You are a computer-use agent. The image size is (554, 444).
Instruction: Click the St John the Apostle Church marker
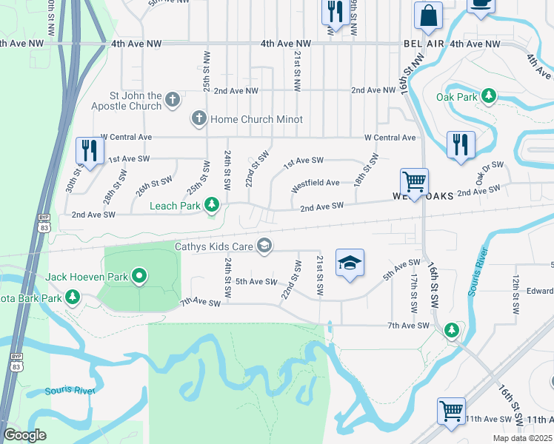pos(173,99)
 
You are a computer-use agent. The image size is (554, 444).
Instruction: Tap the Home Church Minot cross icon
pos(198,118)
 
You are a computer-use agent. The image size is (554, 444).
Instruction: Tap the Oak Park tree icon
pos(489,96)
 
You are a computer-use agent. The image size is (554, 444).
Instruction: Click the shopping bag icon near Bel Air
pos(428,16)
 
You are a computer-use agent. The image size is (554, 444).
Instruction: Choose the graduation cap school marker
pos(350,263)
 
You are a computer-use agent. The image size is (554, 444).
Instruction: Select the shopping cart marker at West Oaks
pos(414,181)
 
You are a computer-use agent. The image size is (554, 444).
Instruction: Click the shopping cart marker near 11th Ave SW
pos(451,410)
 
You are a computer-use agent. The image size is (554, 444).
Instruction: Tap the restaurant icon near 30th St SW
pos(90,150)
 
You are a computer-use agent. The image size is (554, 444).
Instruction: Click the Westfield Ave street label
pos(316,183)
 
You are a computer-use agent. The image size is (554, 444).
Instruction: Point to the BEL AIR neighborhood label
pos(424,44)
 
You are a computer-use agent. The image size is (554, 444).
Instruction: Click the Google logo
pos(24,435)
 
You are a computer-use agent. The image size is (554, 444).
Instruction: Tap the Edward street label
pos(540,290)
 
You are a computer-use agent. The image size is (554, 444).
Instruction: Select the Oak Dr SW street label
pos(490,174)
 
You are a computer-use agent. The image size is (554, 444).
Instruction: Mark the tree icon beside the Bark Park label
pos(73,297)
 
